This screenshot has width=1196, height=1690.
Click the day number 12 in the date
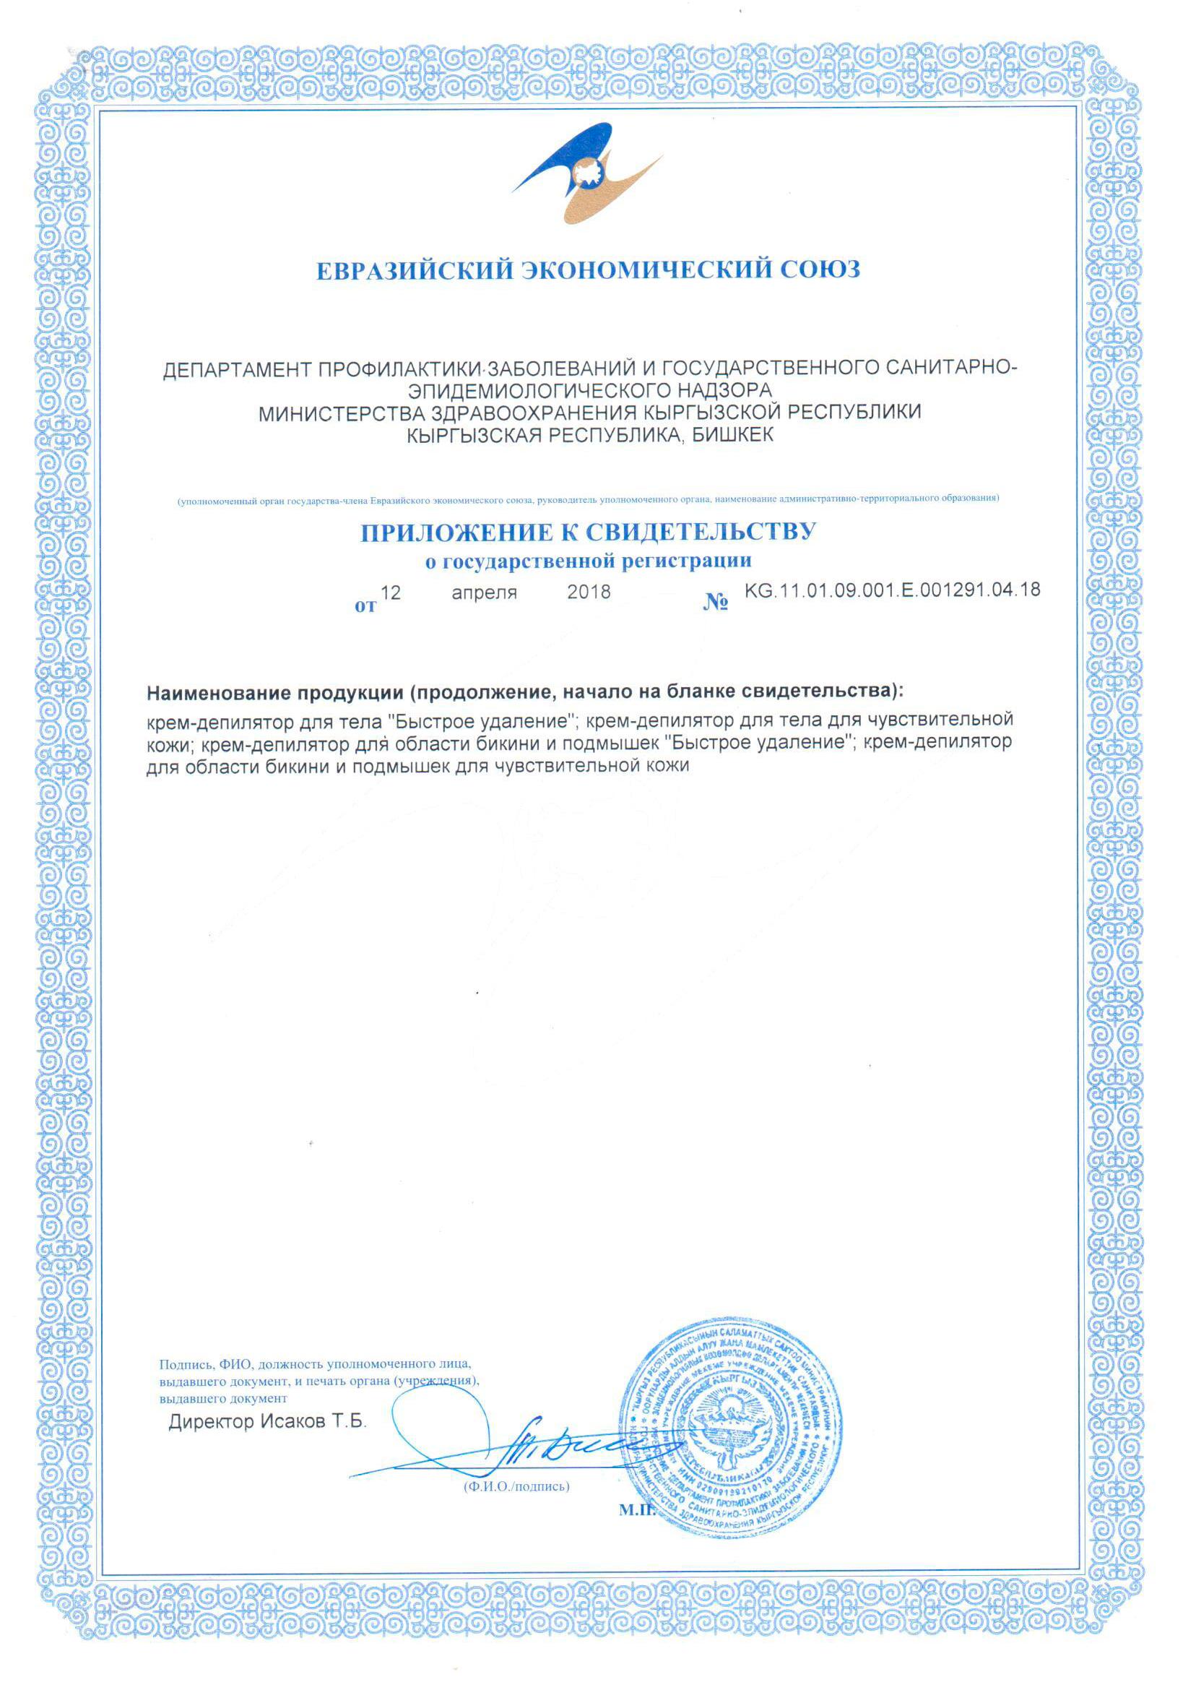(390, 592)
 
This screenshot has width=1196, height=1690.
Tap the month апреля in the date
(485, 592)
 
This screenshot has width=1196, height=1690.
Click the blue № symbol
(716, 603)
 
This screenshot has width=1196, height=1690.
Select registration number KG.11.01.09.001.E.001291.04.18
(893, 590)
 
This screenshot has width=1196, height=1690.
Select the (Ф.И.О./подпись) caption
(516, 1486)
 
